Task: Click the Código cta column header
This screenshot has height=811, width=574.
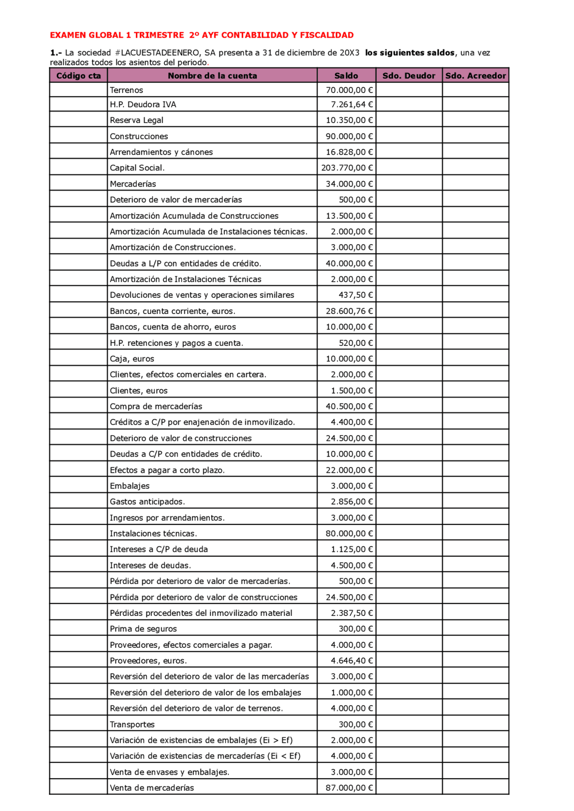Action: [x=78, y=76]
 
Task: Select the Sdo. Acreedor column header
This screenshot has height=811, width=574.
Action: [x=475, y=76]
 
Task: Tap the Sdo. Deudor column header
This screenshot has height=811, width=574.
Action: [x=409, y=76]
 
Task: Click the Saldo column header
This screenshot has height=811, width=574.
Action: [x=346, y=76]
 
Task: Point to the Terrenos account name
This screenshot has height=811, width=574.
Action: [x=126, y=90]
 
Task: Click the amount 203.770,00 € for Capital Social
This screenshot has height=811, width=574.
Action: [x=347, y=168]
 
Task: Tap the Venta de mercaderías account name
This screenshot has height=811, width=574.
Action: [x=152, y=788]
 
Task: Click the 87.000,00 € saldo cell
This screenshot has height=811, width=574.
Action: [x=349, y=788]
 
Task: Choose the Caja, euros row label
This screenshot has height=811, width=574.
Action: [x=132, y=359]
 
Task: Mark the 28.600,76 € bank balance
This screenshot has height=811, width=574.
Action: [x=349, y=311]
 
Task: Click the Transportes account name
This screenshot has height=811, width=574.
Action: [x=132, y=724]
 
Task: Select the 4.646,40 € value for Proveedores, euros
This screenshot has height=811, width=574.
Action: [x=352, y=661]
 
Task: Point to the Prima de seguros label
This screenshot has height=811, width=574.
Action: [x=143, y=629]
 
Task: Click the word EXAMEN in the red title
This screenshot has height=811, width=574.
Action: [x=68, y=35]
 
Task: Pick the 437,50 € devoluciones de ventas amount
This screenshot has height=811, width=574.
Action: [x=355, y=295]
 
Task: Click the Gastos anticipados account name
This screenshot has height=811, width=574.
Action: [x=147, y=502]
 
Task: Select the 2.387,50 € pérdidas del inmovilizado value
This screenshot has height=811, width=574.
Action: [x=352, y=613]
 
